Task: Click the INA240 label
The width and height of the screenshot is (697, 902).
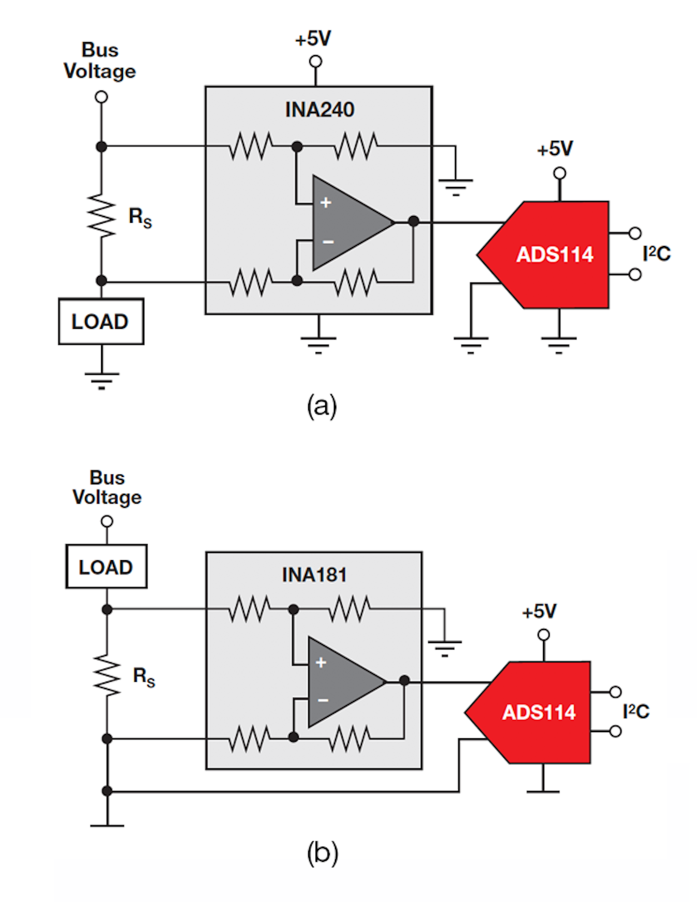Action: coord(319,110)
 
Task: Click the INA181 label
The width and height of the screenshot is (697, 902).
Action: coord(314,575)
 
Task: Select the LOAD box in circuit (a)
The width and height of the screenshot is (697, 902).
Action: coord(101,321)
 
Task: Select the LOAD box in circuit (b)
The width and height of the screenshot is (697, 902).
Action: coord(106,567)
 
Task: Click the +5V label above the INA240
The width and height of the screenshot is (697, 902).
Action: coord(313,39)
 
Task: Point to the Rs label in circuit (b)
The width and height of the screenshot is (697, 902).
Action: coord(144,676)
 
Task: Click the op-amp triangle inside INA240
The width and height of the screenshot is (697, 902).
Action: coord(346,223)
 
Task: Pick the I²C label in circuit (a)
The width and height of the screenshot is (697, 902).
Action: coord(656,254)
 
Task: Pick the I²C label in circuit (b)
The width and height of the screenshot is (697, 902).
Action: coord(636,712)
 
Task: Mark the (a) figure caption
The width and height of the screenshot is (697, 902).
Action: coord(321,406)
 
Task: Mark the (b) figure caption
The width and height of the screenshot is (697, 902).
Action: coord(322,853)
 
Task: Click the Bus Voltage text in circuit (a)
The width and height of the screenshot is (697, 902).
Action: coord(100,61)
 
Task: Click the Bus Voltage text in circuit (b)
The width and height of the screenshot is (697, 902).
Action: coord(107,488)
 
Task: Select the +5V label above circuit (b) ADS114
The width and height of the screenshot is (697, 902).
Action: coord(539,612)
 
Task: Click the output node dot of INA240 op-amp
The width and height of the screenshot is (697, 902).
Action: coord(413,221)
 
